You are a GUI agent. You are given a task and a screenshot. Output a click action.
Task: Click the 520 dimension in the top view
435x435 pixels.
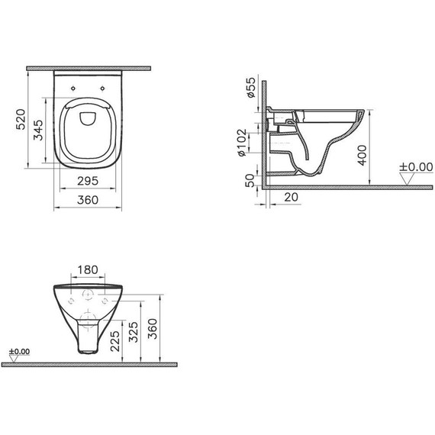(22, 120)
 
